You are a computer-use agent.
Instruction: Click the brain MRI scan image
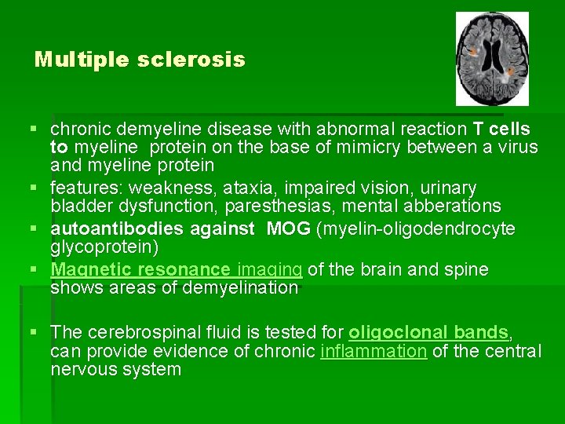(x=492, y=59)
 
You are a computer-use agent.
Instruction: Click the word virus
(x=513, y=147)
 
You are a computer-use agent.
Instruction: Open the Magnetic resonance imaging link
(x=176, y=269)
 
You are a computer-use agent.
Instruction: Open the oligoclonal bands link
(x=428, y=332)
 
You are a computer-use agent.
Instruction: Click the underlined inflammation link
(x=374, y=351)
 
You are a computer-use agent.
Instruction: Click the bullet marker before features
(x=39, y=188)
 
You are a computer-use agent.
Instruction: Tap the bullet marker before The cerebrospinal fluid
(x=39, y=332)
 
